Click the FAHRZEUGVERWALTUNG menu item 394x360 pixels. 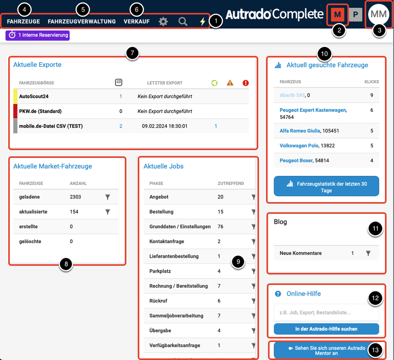pyautogui.click(x=82, y=22)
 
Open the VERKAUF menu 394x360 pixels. pyautogui.click(x=136, y=22)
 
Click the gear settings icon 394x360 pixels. pyautogui.click(x=163, y=22)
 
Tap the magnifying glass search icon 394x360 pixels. pyautogui.click(x=183, y=22)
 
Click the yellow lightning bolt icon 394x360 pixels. pyautogui.click(x=202, y=22)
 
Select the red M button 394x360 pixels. pyautogui.click(x=337, y=15)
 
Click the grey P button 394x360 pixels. pyautogui.click(x=356, y=15)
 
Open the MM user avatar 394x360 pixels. pyautogui.click(x=378, y=14)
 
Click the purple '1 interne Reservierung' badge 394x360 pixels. pyautogui.click(x=38, y=35)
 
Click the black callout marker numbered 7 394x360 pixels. pyautogui.click(x=132, y=53)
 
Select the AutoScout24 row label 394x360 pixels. pyautogui.click(x=34, y=96)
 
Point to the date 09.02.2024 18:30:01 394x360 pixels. pyautogui.click(x=165, y=126)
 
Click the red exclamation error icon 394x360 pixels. pyautogui.click(x=246, y=83)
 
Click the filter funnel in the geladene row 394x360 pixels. pyautogui.click(x=107, y=197)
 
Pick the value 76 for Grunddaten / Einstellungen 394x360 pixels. pyautogui.click(x=220, y=226)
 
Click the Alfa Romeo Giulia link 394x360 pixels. pyautogui.click(x=300, y=131)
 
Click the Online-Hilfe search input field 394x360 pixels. pyautogui.click(x=326, y=313)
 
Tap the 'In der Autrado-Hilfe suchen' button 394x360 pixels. pyautogui.click(x=326, y=329)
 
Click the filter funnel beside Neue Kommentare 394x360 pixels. pyautogui.click(x=368, y=253)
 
